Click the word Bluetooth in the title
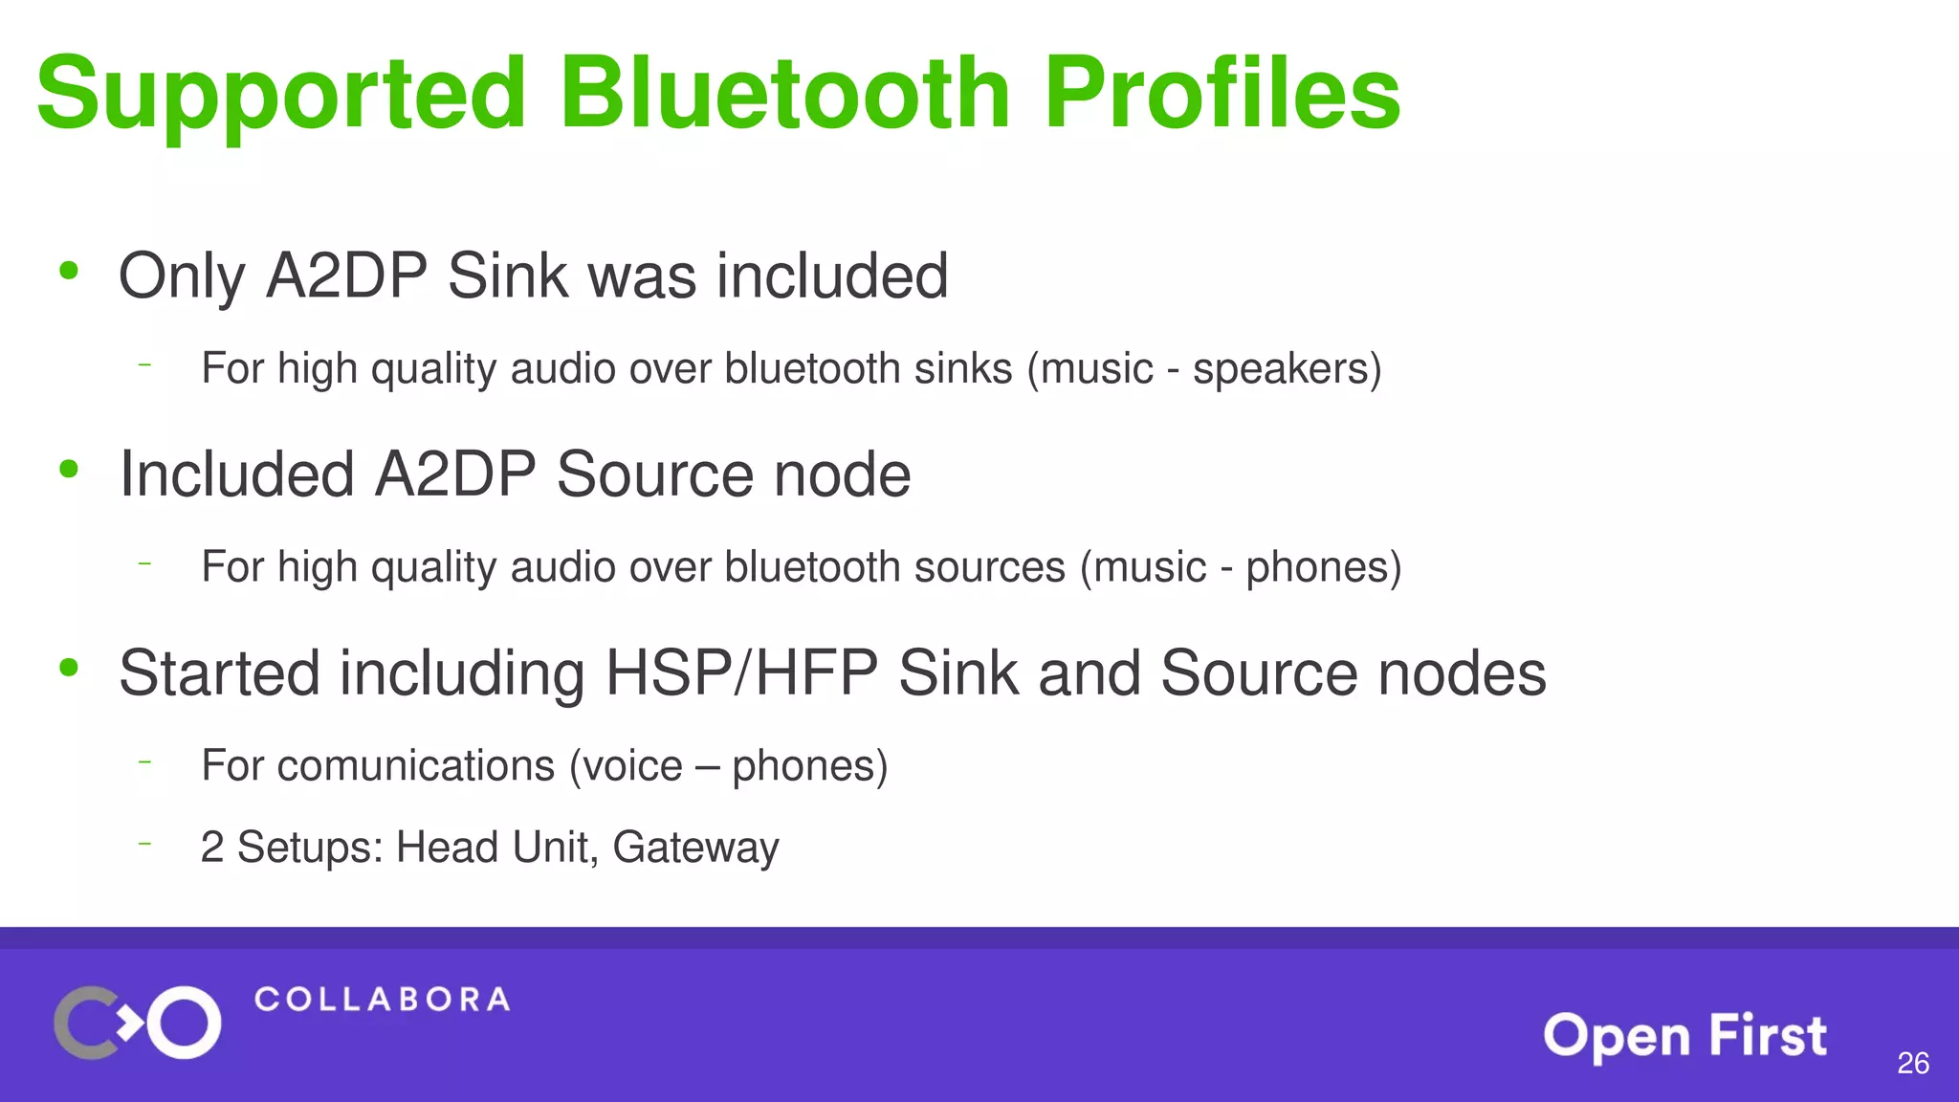(784, 93)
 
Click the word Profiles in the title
(1222, 93)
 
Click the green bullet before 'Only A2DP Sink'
(68, 271)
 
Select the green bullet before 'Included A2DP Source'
(68, 469)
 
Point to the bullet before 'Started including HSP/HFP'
(68, 668)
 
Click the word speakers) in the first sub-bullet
(1287, 369)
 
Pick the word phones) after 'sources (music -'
(1323, 567)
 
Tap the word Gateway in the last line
(695, 848)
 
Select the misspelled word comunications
(416, 765)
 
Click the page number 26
(1913, 1063)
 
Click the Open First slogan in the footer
(1684, 1036)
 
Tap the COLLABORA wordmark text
(382, 1000)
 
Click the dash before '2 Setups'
(144, 844)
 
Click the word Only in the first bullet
(181, 276)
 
